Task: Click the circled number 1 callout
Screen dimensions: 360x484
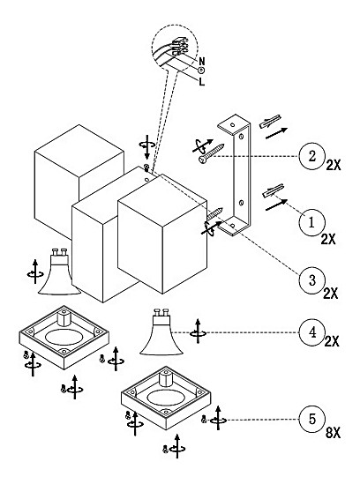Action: click(311, 222)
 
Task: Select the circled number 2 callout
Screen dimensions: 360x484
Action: click(311, 156)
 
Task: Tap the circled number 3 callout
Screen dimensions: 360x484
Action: click(311, 280)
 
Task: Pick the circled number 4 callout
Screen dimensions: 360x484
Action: click(311, 332)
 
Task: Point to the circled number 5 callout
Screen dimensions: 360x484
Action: click(311, 419)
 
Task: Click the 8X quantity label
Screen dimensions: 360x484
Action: click(333, 433)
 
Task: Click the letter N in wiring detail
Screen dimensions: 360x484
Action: click(202, 61)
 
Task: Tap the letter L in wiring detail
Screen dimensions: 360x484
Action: click(202, 82)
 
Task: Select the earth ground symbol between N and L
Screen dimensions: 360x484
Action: click(201, 71)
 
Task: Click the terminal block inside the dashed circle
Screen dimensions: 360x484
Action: click(180, 47)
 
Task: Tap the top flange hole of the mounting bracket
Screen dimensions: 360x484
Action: click(232, 124)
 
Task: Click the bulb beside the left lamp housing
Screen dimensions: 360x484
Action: click(59, 272)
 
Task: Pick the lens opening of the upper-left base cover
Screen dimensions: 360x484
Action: click(64, 337)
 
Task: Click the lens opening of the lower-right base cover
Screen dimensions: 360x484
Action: click(166, 398)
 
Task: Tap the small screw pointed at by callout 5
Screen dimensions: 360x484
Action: click(204, 419)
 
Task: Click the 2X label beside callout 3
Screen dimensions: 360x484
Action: click(330, 294)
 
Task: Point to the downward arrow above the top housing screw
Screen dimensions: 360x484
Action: click(147, 147)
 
